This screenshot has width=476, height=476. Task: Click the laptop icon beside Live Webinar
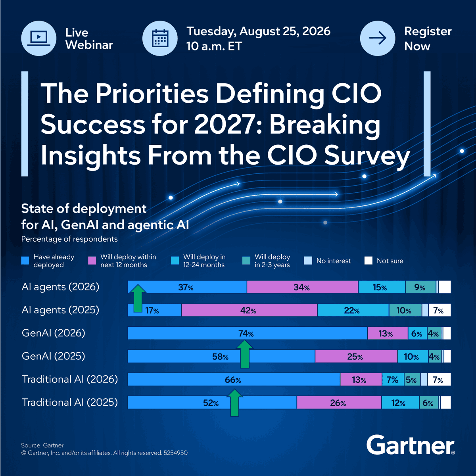click(x=38, y=38)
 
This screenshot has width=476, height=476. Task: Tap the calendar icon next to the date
click(x=160, y=38)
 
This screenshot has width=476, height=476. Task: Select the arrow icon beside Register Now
click(x=378, y=38)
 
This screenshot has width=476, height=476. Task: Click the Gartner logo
click(x=410, y=445)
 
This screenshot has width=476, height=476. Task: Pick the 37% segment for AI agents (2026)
click(x=187, y=287)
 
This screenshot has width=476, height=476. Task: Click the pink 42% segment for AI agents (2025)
click(x=249, y=310)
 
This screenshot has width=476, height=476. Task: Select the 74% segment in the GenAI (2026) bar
click(x=248, y=333)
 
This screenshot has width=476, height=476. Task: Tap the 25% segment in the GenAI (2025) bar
click(x=356, y=356)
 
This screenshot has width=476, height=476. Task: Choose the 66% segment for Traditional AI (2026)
click(x=234, y=380)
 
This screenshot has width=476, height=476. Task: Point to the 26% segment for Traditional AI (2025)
click(x=339, y=402)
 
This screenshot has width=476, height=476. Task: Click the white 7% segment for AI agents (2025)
click(x=440, y=310)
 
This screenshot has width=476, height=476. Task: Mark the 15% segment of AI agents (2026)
click(x=382, y=287)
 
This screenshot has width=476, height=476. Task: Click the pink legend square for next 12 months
click(x=92, y=261)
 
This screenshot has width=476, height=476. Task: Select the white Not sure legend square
click(x=368, y=261)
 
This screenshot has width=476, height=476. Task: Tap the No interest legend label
click(x=334, y=261)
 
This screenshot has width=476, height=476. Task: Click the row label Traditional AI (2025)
click(x=70, y=402)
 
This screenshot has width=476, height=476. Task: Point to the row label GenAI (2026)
click(x=54, y=333)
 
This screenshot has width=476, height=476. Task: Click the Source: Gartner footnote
click(x=42, y=445)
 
